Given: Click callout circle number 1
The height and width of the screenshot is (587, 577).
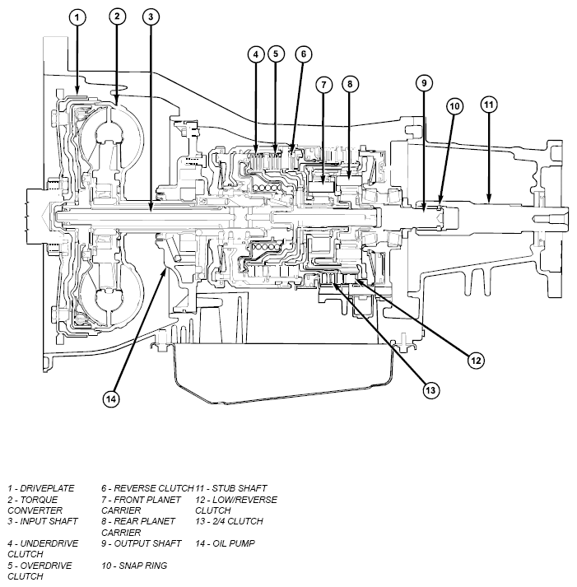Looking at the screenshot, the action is (77, 17).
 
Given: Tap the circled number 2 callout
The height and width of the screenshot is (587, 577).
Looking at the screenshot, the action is (117, 16).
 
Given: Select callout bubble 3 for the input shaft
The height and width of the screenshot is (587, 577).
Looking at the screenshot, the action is (151, 16).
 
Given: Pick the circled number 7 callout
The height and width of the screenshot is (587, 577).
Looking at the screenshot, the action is (323, 85).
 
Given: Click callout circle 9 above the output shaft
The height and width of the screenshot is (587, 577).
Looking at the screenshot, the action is (424, 83).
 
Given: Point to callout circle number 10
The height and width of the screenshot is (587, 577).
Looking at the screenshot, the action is (454, 106).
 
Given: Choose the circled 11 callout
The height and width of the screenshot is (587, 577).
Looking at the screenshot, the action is (489, 105).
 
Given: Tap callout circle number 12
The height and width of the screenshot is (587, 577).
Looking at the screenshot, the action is (476, 361).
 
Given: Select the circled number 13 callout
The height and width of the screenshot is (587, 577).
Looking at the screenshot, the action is (430, 390).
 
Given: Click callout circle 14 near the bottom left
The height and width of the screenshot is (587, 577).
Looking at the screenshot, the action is (111, 398).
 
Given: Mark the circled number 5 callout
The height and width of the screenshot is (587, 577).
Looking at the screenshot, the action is (276, 54).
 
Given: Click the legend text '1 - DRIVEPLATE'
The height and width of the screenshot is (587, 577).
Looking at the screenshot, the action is (41, 488).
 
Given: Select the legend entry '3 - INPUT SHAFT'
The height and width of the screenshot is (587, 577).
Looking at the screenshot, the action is (43, 521).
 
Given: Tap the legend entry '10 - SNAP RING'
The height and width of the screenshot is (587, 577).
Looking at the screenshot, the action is (134, 566).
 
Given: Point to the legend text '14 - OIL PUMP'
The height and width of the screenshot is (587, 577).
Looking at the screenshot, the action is (226, 543).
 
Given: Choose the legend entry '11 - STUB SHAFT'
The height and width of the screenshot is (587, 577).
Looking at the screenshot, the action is (231, 488).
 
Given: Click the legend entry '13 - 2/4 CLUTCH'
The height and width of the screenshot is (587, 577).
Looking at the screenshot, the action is (230, 521).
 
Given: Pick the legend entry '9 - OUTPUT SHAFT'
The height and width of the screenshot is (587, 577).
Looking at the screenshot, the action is (142, 543).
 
